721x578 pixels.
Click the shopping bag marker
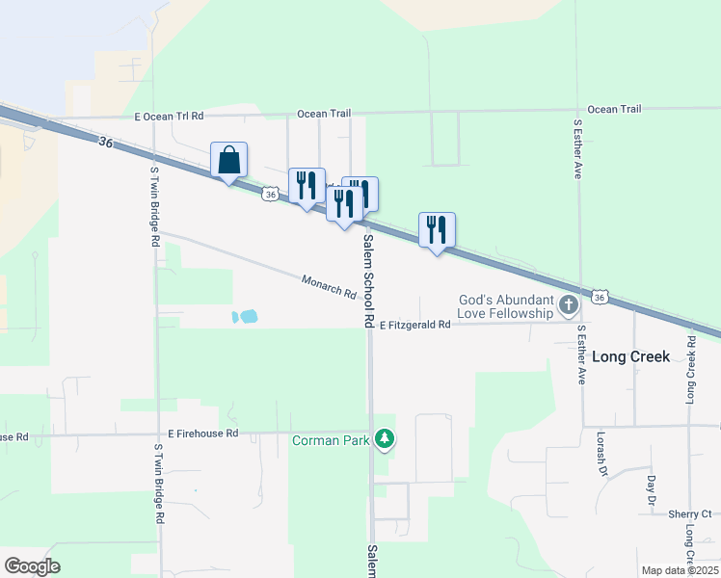[x=229, y=160]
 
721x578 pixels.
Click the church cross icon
[x=569, y=306]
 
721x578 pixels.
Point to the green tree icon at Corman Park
[x=385, y=440]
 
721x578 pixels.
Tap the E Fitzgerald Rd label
[x=414, y=326]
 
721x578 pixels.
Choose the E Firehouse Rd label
[x=202, y=434]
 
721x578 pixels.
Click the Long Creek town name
[x=630, y=356]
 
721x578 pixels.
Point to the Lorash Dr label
[x=601, y=452]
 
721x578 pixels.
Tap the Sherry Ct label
[x=689, y=514]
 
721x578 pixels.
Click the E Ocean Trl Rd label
[x=170, y=117]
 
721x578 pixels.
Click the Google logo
[x=32, y=566]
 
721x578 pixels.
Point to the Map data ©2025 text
[x=680, y=570]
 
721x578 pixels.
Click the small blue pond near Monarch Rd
[x=246, y=316]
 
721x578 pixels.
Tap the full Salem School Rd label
[x=368, y=280]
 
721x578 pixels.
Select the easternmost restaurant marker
[x=437, y=230]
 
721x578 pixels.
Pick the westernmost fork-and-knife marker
[x=307, y=186]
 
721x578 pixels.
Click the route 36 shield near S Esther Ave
[x=600, y=298]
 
